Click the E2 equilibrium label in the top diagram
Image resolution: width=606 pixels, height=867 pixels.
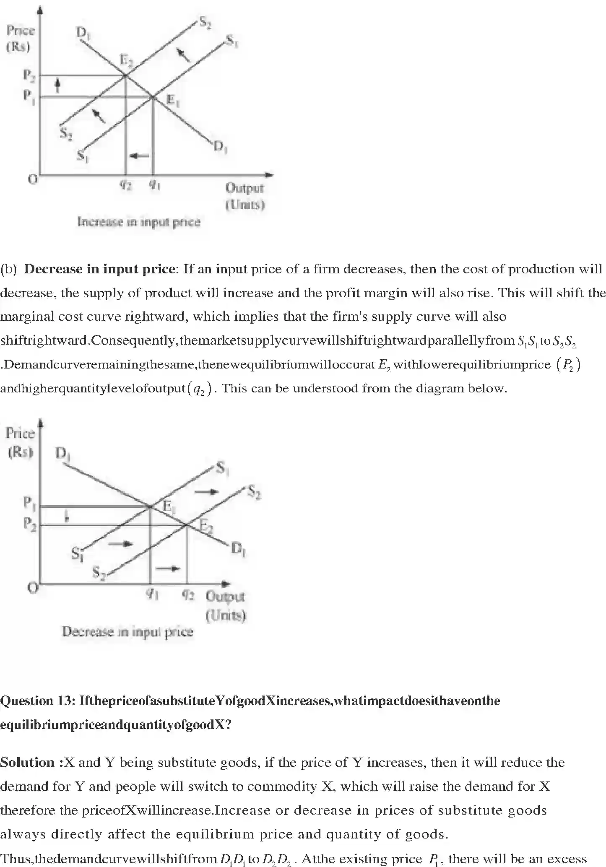[126, 61]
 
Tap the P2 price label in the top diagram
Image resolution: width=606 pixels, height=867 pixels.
[29, 75]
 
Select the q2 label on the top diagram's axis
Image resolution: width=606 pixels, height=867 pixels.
[125, 185]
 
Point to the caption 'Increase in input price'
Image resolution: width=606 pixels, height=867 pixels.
[139, 222]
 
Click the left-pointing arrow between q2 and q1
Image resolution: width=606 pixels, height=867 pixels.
[140, 156]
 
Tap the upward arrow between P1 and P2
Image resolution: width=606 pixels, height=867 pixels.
[58, 86]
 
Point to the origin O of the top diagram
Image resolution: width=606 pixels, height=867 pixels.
[32, 179]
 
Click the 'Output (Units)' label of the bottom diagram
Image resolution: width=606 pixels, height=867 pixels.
[225, 605]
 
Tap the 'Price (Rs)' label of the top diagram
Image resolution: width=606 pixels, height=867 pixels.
[20, 38]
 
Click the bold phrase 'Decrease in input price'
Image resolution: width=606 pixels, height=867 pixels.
[99, 269]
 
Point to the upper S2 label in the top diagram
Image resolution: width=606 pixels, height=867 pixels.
[205, 22]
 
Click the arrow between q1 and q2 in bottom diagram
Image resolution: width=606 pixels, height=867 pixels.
[168, 568]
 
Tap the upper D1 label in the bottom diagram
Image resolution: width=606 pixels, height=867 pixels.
[62, 454]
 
